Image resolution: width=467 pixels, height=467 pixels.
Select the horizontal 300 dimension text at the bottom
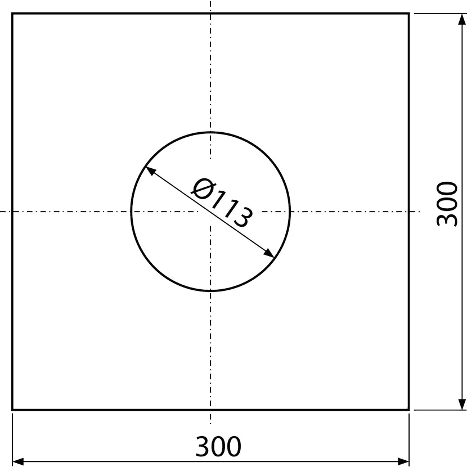(x=218, y=446)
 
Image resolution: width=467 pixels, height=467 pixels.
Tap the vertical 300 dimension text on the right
(x=446, y=204)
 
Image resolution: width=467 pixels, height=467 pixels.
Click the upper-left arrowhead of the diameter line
(x=151, y=170)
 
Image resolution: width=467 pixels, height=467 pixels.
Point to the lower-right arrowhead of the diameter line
(x=269, y=253)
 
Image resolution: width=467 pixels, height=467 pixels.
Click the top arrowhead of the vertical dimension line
(x=461, y=19)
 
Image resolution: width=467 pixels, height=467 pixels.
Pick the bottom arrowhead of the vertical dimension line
(x=461, y=404)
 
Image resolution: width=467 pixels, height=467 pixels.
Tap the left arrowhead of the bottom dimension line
(x=18, y=461)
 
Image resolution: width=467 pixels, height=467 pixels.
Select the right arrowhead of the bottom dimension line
(x=403, y=461)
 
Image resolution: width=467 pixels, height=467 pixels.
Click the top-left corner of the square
(x=12, y=14)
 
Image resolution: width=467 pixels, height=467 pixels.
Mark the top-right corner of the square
(x=409, y=14)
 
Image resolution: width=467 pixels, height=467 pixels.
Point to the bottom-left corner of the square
(x=12, y=410)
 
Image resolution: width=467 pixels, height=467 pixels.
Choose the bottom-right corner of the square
(x=409, y=410)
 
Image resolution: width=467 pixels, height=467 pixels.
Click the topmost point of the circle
(x=210, y=132)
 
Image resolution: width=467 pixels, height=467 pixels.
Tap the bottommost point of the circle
(x=210, y=290)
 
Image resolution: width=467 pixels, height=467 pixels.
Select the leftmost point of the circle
(x=131, y=212)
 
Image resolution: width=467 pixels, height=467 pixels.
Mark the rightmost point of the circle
(x=290, y=212)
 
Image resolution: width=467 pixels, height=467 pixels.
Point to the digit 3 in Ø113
(x=243, y=216)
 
